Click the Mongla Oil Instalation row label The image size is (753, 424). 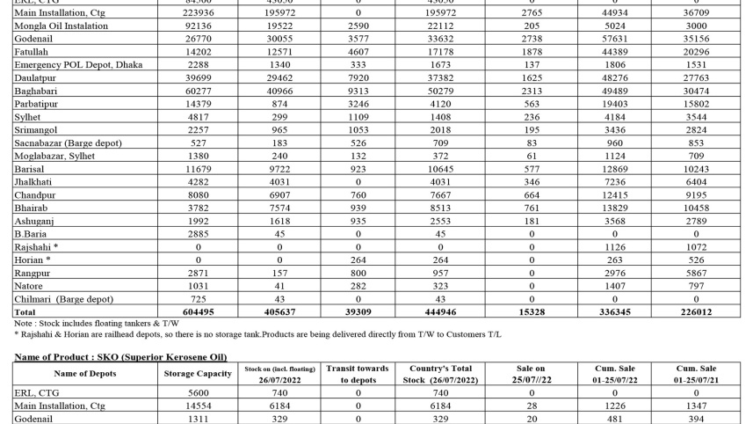click(x=62, y=26)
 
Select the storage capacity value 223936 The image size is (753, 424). click(x=198, y=13)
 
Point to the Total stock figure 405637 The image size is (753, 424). click(x=279, y=311)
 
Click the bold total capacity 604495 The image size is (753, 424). click(x=198, y=311)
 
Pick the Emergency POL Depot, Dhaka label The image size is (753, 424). click(x=78, y=65)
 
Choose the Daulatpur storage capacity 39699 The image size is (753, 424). click(x=198, y=78)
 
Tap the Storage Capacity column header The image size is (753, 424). click(x=198, y=374)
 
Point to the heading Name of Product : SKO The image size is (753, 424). click(x=119, y=356)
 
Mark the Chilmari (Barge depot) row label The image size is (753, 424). click(x=63, y=299)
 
